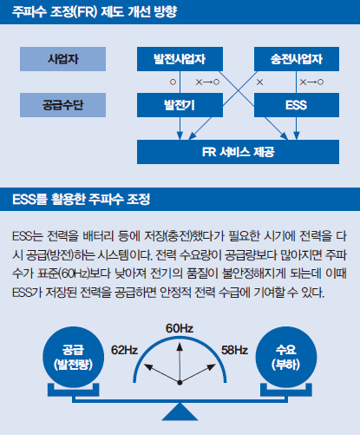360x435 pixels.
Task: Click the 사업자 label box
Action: (62, 59)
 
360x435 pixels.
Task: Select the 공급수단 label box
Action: (62, 105)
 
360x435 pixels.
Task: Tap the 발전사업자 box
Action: (180, 59)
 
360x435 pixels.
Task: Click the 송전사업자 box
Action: (297, 59)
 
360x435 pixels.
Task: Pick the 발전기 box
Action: (180, 105)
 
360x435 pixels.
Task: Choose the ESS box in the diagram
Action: (297, 105)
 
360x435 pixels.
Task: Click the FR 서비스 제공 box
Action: (238, 152)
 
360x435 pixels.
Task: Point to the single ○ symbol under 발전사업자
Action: (173, 82)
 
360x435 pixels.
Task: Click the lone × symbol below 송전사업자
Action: (259, 82)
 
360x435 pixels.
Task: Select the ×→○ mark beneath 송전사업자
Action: (311, 82)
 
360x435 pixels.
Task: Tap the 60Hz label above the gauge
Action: (180, 328)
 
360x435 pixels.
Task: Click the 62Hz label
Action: (124, 350)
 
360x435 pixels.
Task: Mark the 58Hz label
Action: (234, 350)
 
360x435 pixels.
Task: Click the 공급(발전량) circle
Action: (74, 357)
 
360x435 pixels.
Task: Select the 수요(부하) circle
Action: (286, 357)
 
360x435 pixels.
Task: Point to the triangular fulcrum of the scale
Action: (180, 412)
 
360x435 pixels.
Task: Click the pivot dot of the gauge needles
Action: (180, 383)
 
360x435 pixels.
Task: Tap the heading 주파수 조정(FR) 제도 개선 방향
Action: (95, 12)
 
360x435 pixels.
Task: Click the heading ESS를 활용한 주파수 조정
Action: (82, 199)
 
